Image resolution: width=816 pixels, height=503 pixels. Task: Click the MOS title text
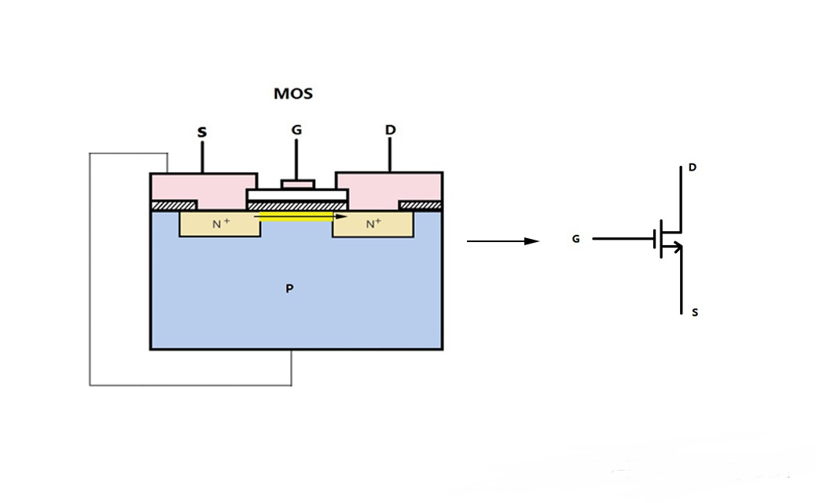point(293,94)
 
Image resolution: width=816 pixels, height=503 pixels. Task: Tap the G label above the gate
point(296,130)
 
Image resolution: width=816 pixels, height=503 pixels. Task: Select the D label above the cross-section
point(390,129)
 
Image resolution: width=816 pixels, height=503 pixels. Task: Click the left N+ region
point(219,224)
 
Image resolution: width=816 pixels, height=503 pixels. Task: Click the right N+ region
point(373,224)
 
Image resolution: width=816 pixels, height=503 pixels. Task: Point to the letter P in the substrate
point(289,289)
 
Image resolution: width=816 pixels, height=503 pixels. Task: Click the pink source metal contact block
point(202,187)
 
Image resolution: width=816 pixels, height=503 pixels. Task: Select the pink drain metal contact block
point(390,187)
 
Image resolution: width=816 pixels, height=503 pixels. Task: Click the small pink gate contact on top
point(297,185)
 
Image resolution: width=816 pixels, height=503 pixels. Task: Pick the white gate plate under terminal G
point(297,195)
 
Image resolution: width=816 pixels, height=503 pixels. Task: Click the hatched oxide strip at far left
point(165,205)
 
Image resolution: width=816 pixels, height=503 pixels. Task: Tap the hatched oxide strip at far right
point(421,205)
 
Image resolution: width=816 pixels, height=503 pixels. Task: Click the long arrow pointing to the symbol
point(503,241)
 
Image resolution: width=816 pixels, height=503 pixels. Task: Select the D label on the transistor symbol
point(692,167)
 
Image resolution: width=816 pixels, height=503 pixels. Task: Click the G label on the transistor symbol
point(575,239)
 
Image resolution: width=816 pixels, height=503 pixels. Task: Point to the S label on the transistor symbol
point(694,313)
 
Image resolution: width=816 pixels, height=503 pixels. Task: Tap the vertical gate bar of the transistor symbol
point(655,239)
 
